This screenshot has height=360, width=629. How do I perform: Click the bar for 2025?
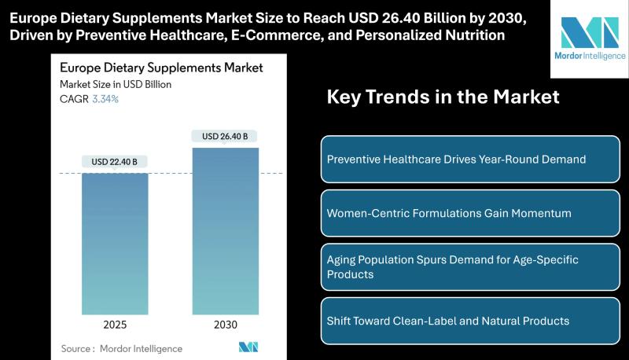115,244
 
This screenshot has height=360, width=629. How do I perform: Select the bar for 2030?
226,231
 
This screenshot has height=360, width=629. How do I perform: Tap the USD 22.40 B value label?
114,162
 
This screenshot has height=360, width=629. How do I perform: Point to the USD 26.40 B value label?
225,136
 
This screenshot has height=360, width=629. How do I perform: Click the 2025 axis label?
115,325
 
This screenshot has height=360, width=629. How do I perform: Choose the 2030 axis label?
226,325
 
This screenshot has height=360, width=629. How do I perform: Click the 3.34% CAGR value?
105,99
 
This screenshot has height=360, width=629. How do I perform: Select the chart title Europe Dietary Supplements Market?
161,68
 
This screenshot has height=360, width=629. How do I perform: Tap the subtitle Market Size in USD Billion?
116,85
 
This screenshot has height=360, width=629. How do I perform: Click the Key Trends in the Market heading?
443,97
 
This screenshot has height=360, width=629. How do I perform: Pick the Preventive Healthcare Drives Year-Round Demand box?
470,159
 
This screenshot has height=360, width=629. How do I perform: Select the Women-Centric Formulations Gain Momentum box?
470,213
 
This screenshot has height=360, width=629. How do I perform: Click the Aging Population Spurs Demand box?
470,267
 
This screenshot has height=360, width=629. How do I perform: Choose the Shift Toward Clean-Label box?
470,321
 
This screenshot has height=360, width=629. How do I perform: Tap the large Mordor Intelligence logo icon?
590,32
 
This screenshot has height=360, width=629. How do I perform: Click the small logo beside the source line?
248,347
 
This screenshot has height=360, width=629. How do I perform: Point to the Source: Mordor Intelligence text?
122,349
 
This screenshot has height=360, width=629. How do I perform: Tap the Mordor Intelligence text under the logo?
590,56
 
